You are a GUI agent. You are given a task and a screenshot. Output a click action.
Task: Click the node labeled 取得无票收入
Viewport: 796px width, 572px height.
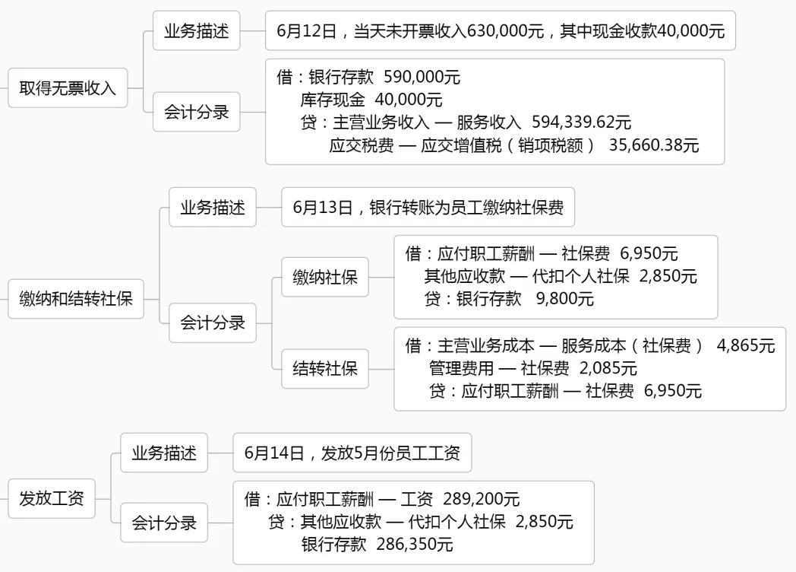click(x=68, y=87)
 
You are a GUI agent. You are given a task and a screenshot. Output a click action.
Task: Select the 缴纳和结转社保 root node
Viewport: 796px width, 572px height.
click(x=76, y=298)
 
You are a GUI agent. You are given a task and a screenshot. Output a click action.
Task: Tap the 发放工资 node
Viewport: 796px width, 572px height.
click(x=52, y=499)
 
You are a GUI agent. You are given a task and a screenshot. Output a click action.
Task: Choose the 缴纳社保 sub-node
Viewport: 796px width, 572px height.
click(x=325, y=277)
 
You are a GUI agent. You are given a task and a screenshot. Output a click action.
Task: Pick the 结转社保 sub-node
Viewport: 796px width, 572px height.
click(x=325, y=370)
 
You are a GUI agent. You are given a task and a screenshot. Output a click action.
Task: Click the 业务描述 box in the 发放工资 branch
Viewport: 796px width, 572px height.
click(x=164, y=454)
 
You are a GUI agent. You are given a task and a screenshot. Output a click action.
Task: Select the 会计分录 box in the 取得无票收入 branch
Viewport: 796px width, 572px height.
click(x=196, y=113)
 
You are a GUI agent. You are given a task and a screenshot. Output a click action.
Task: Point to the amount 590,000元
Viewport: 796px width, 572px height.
click(x=422, y=77)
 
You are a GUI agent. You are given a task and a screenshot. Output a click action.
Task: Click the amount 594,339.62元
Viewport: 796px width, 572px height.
click(x=581, y=122)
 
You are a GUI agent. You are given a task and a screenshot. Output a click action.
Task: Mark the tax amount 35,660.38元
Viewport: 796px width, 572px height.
click(x=654, y=145)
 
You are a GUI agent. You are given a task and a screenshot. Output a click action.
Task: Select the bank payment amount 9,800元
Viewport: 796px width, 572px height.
click(x=565, y=299)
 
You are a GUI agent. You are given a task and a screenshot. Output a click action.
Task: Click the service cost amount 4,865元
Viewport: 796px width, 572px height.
click(x=746, y=346)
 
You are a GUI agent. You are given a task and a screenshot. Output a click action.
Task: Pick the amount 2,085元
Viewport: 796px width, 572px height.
click(x=608, y=369)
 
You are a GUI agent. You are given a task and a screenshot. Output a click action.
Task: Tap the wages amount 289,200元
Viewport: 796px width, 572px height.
click(x=482, y=499)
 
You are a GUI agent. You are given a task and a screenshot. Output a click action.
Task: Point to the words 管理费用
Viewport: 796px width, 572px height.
click(x=461, y=369)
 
